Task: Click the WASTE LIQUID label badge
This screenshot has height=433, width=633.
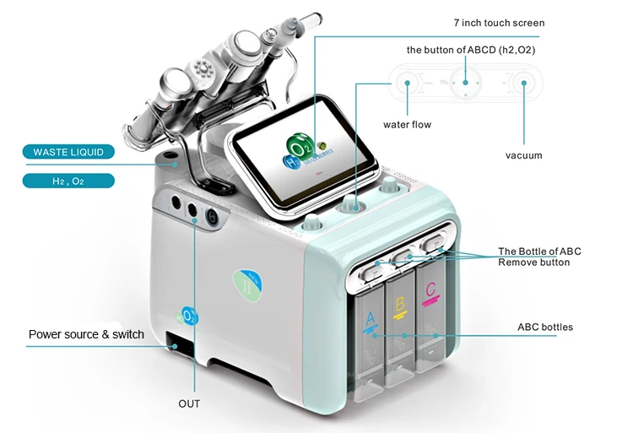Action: (x=68, y=152)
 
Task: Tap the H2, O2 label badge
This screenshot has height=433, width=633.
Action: (x=68, y=180)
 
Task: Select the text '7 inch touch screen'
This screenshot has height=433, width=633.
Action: (x=499, y=23)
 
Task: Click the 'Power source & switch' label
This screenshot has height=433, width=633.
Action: (x=86, y=334)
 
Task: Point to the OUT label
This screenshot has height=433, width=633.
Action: (x=189, y=403)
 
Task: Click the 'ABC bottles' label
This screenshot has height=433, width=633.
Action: (x=544, y=327)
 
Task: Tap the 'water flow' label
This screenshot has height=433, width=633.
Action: (x=407, y=125)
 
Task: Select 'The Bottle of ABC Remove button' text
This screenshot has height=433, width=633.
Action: (x=539, y=257)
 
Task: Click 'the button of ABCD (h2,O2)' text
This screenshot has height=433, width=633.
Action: (x=470, y=50)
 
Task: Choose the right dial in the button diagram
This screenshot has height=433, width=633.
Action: (x=525, y=84)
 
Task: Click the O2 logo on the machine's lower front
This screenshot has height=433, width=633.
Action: (x=187, y=316)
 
